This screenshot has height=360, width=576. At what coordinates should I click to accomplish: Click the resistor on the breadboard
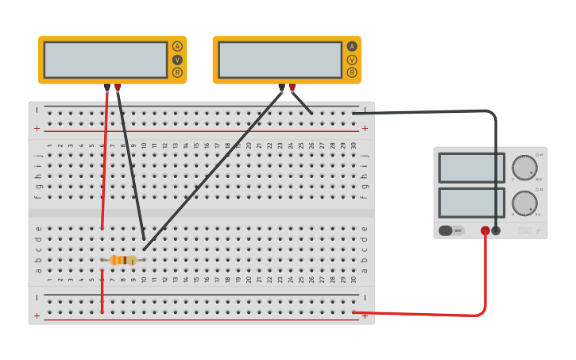123,260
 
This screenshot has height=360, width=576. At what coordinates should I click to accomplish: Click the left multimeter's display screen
106,60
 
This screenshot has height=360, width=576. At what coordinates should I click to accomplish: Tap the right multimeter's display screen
280,60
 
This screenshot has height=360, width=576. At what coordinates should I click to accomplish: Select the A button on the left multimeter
177,46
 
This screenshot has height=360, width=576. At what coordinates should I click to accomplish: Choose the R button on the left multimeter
177,73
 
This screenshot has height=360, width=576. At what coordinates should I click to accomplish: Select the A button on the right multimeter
352,46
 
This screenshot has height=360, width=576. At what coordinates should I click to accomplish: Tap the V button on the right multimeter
352,60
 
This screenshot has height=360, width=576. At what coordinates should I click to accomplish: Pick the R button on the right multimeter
352,73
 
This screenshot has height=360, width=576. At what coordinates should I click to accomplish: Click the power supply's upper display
471,168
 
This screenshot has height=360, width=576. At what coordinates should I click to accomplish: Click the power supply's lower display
471,202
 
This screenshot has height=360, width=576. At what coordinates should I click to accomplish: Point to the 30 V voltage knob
524,168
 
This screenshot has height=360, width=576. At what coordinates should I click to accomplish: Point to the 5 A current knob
524,203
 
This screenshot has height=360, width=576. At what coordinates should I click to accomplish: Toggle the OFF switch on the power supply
450,230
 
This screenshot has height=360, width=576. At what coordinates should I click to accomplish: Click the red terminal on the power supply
485,230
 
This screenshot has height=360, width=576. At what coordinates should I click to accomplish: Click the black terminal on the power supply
497,230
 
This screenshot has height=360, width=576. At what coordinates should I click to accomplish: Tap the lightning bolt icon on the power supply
539,230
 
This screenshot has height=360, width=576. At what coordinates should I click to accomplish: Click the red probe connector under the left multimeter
118,87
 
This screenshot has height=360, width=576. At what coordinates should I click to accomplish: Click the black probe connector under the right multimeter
281,87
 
